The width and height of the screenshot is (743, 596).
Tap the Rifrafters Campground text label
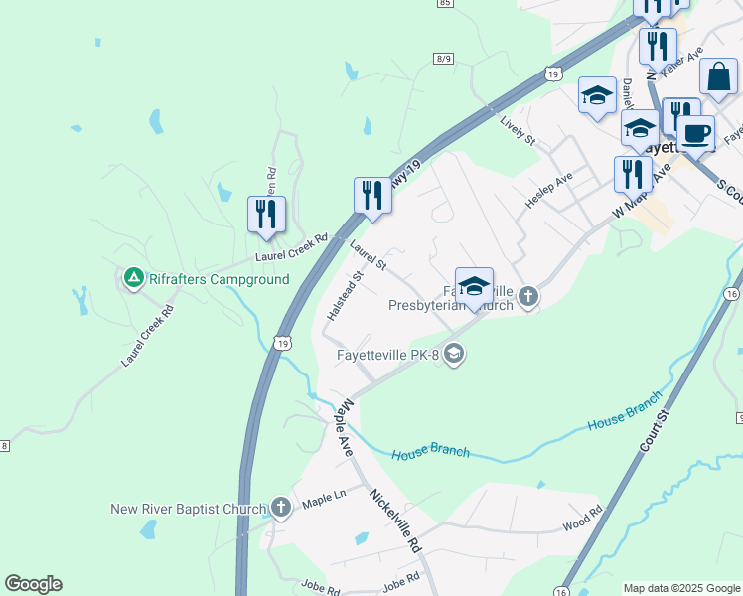(219, 280)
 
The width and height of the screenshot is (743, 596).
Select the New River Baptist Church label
(188, 510)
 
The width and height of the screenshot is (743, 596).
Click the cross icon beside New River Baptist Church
(280, 509)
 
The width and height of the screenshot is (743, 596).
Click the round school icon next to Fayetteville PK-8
(454, 353)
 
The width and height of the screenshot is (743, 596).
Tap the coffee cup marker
(695, 132)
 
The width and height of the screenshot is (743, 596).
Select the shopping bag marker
(718, 76)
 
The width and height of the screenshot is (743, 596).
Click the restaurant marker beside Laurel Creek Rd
(266, 214)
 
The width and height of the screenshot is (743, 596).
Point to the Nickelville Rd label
(395, 521)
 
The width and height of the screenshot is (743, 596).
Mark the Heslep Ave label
(549, 189)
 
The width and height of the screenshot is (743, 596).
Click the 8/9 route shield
(443, 60)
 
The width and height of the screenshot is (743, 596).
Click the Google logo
(33, 584)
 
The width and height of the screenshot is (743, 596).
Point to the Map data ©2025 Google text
(681, 588)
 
